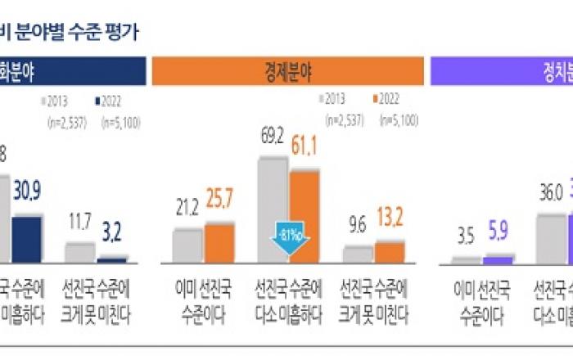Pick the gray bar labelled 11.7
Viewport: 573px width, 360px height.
[79, 253]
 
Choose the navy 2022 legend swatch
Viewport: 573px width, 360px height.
[97, 101]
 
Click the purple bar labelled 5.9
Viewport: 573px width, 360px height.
[498, 260]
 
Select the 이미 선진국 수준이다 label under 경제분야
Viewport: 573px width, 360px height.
[204, 300]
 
